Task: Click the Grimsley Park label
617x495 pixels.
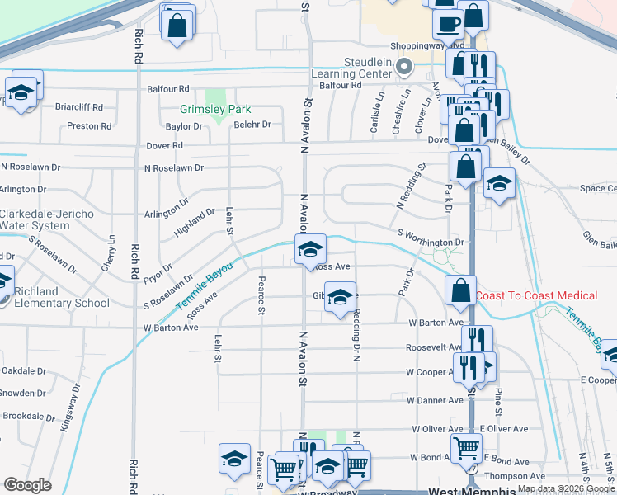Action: click(x=216, y=109)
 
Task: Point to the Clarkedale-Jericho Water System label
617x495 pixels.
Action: click(x=46, y=219)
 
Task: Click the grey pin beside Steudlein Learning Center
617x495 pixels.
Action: click(x=404, y=67)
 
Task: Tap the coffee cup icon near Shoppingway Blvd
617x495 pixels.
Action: click(x=448, y=25)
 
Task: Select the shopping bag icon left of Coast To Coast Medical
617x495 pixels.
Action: click(x=460, y=290)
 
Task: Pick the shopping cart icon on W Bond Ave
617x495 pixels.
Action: click(x=467, y=449)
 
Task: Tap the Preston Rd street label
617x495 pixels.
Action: click(x=89, y=126)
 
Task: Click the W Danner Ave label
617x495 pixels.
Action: click(x=434, y=400)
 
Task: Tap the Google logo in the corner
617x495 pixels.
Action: click(x=27, y=485)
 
